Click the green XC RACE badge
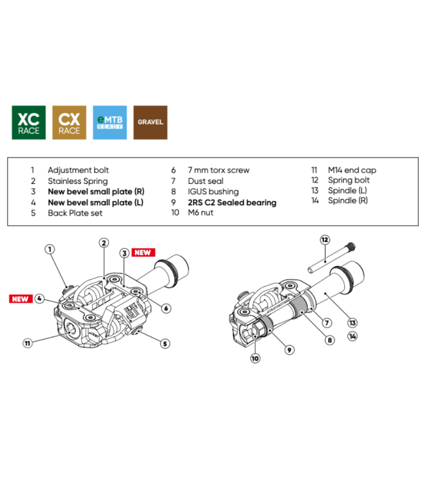pos(29,122)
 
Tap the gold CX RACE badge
pos(69,122)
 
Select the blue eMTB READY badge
pos(110,122)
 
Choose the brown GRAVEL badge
pos(150,122)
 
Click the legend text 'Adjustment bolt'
pos(78,170)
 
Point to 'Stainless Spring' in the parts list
pos(77,181)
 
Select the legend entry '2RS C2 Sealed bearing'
pos(232,202)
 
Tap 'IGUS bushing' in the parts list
pos(214,192)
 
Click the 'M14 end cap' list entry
pos(352,170)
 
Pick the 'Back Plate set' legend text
pos(75,213)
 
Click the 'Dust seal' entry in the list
pos(206,181)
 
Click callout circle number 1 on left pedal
pos(50,248)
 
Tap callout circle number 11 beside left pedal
pos(27,343)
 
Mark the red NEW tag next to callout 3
pos(145,252)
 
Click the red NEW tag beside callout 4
pos(21,298)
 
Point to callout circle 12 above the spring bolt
pos(325,240)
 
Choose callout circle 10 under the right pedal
pos(255,359)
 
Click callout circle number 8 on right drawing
pos(330,340)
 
